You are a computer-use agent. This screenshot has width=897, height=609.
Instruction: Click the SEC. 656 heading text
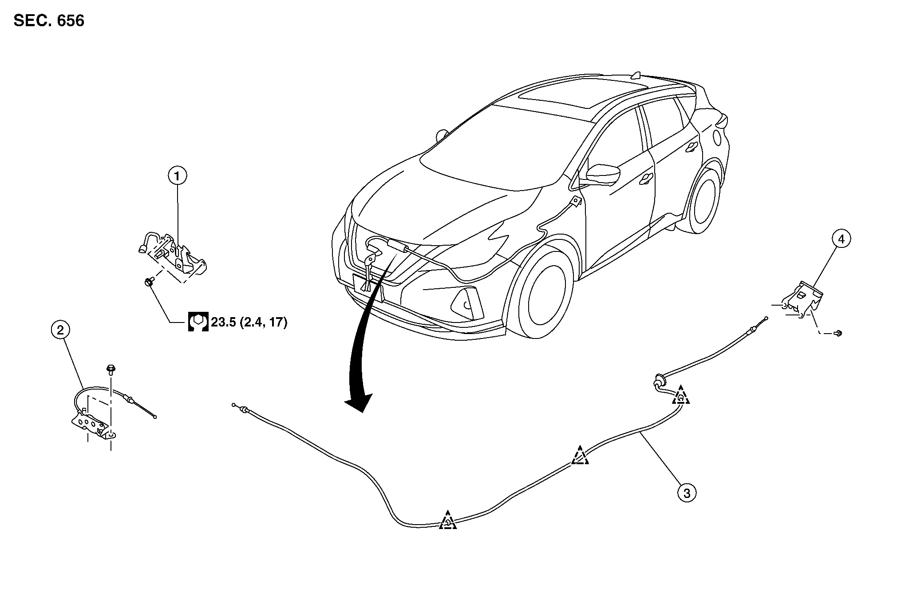click(x=49, y=21)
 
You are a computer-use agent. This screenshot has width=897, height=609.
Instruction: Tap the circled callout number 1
click(x=177, y=176)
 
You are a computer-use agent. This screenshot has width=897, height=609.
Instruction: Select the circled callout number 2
click(x=60, y=330)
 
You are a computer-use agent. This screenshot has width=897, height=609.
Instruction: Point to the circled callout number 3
click(x=687, y=493)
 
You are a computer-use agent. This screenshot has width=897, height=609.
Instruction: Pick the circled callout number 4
click(x=841, y=239)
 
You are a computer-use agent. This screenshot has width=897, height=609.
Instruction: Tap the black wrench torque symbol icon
click(x=198, y=322)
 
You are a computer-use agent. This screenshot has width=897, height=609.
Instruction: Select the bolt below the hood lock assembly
click(x=148, y=281)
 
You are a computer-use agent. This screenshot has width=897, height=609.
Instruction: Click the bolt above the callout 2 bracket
click(x=110, y=368)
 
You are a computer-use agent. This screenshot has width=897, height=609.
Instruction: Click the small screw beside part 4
click(x=838, y=333)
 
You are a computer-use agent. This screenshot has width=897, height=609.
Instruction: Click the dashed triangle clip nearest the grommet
click(x=680, y=396)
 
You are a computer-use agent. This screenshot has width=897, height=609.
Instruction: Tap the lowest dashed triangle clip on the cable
click(x=448, y=521)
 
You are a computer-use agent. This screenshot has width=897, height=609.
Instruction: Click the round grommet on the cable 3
click(x=658, y=380)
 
